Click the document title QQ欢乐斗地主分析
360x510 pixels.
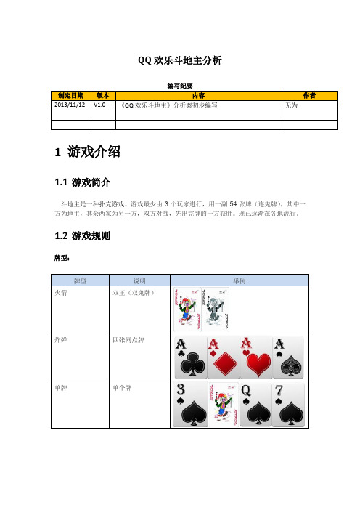click(179, 61)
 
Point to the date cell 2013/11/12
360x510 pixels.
click(70, 105)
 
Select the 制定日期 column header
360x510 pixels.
click(70, 95)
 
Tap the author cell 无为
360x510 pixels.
click(292, 105)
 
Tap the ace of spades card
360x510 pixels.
click(290, 357)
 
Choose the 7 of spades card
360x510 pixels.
click(290, 405)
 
